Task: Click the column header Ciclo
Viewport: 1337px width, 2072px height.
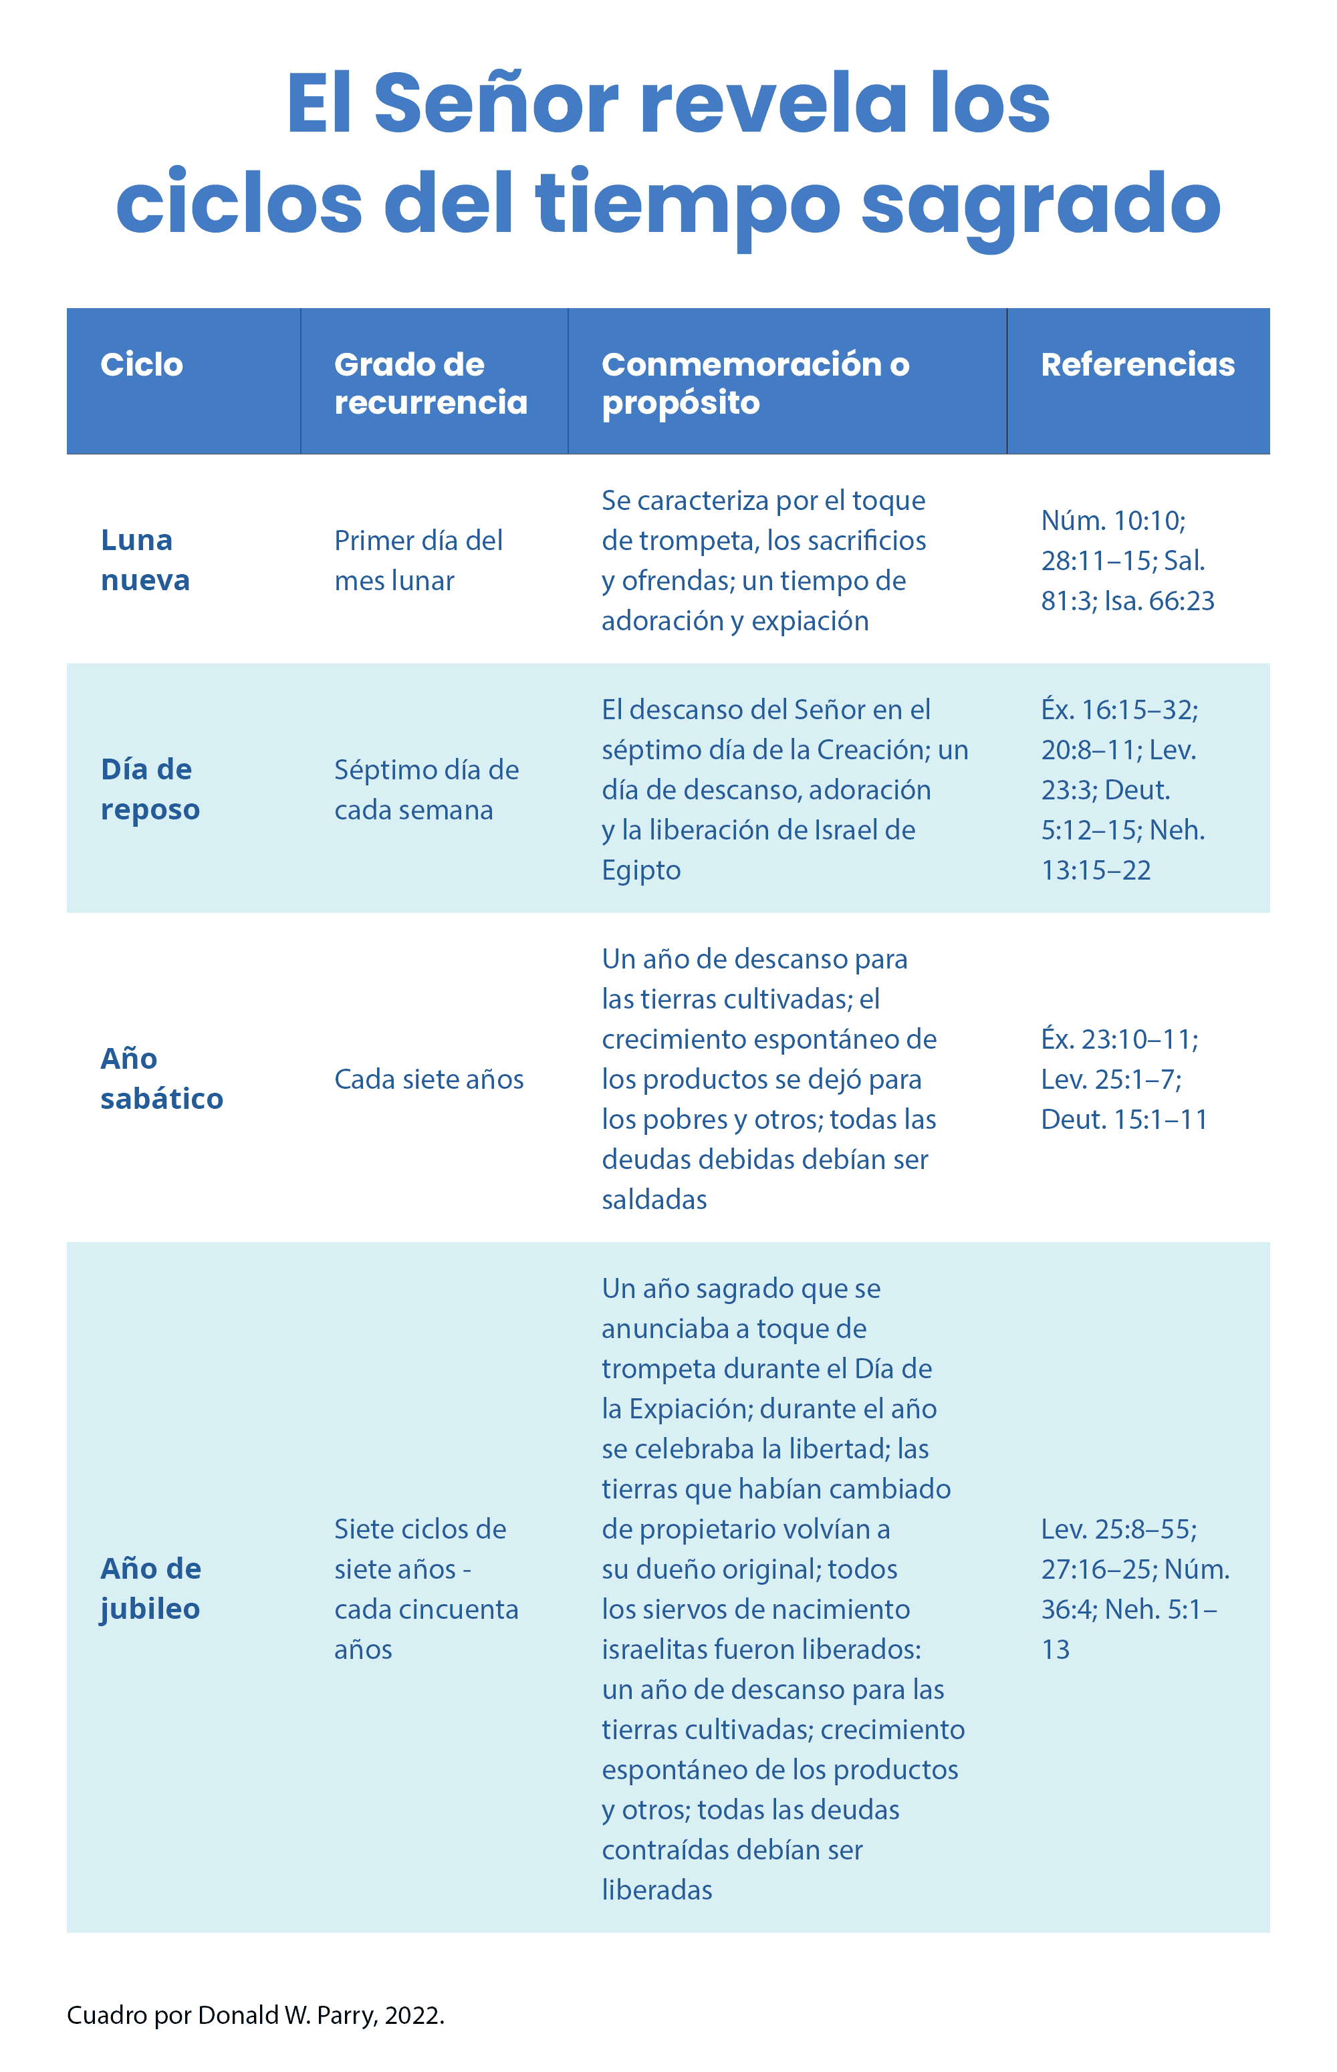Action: [142, 364]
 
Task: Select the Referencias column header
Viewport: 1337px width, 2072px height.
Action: [1137, 364]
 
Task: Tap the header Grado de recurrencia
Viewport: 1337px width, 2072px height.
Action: [431, 383]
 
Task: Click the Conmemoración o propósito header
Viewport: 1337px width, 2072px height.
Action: [755, 383]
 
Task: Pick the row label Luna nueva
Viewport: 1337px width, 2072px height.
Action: [145, 560]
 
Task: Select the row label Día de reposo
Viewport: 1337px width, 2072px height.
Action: [150, 789]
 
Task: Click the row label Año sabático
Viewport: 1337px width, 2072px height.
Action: [162, 1078]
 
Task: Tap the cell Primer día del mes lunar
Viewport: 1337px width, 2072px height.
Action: [418, 560]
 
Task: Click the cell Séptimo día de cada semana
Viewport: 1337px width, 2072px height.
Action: [427, 789]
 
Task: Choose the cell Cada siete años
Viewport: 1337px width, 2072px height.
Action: [429, 1079]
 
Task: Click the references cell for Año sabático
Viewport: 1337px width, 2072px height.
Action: [1124, 1079]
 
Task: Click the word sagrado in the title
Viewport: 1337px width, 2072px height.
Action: [1041, 203]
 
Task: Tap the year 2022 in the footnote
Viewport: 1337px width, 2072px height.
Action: [413, 2015]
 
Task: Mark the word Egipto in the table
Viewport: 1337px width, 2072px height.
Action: [640, 870]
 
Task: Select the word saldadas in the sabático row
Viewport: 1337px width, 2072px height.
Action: [654, 1200]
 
